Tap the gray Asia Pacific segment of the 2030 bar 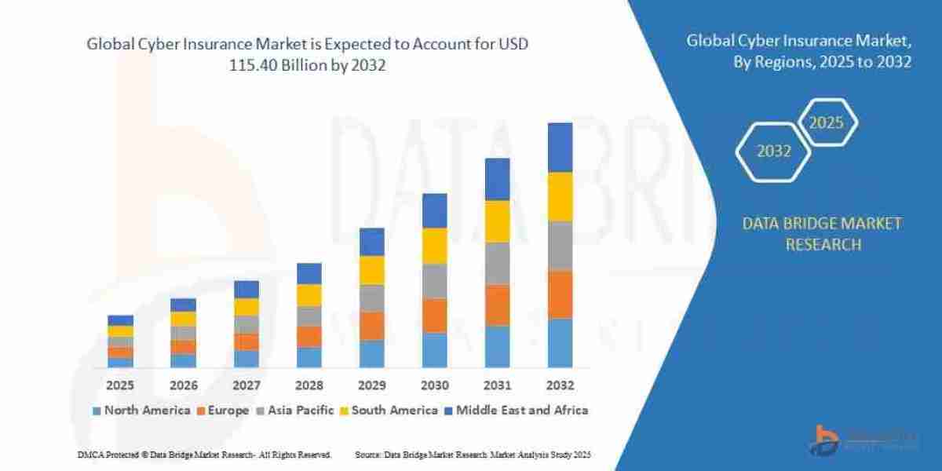(434, 281)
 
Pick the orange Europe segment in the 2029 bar (371, 326)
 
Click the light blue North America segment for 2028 (309, 357)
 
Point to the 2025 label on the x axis (120, 385)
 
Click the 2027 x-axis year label (246, 385)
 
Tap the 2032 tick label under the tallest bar (560, 385)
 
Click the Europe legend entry (228, 410)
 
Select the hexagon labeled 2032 (774, 152)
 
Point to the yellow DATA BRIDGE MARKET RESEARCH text (822, 234)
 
